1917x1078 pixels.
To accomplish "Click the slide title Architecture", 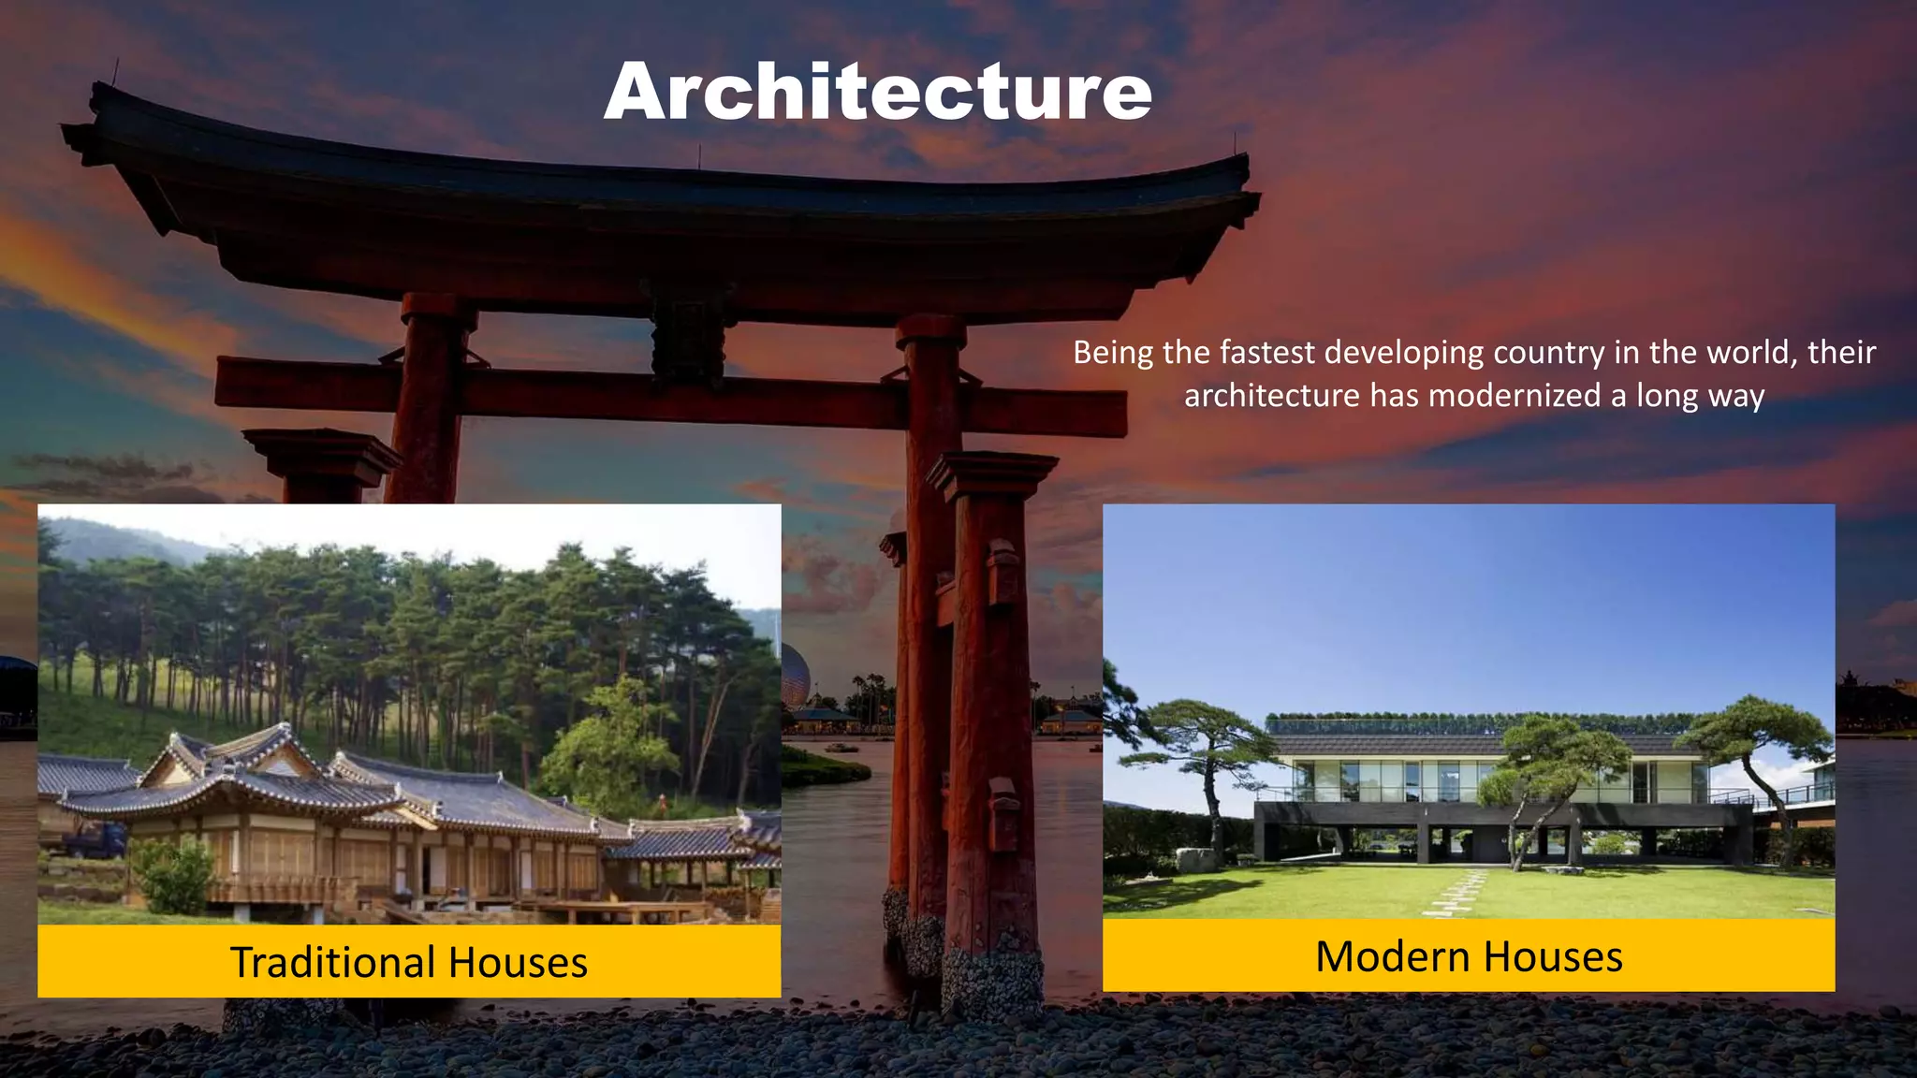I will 877,93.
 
